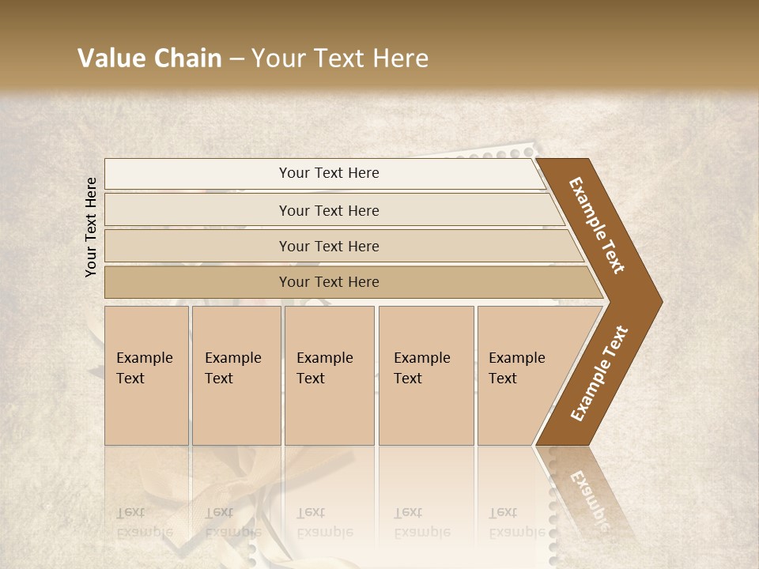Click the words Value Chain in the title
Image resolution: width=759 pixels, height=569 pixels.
[149, 58]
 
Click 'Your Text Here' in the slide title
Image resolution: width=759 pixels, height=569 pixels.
[340, 58]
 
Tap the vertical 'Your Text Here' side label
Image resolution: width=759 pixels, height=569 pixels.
[91, 228]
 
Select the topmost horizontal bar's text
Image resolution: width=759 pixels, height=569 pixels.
[329, 173]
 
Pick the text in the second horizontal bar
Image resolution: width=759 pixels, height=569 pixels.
[329, 211]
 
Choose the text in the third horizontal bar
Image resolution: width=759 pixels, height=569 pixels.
[329, 247]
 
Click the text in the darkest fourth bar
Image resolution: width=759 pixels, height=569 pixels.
[329, 282]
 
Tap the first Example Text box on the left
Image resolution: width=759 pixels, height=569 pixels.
[145, 368]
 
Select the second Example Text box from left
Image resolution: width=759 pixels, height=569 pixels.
[233, 368]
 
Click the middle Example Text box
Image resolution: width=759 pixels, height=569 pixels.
[325, 368]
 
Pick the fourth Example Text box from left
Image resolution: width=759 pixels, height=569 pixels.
[422, 368]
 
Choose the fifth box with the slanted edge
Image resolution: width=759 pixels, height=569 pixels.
[517, 368]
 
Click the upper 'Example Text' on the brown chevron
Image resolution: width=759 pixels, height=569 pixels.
[597, 225]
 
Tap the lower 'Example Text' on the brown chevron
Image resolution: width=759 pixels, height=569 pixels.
[599, 374]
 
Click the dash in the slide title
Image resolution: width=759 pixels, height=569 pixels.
[236, 58]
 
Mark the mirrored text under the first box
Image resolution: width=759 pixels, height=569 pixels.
[145, 522]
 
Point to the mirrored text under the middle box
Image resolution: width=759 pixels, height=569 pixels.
[325, 522]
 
